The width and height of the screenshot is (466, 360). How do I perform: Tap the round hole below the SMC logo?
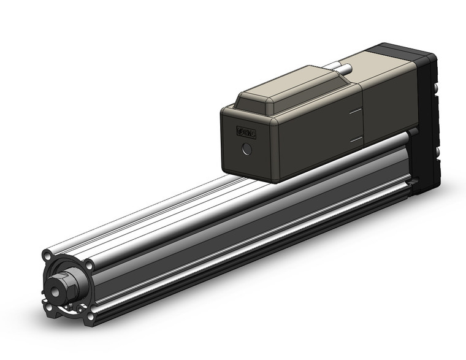[247, 148]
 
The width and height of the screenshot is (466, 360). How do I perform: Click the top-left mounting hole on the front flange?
[48, 254]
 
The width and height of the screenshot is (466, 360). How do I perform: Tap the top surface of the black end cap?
[405, 50]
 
